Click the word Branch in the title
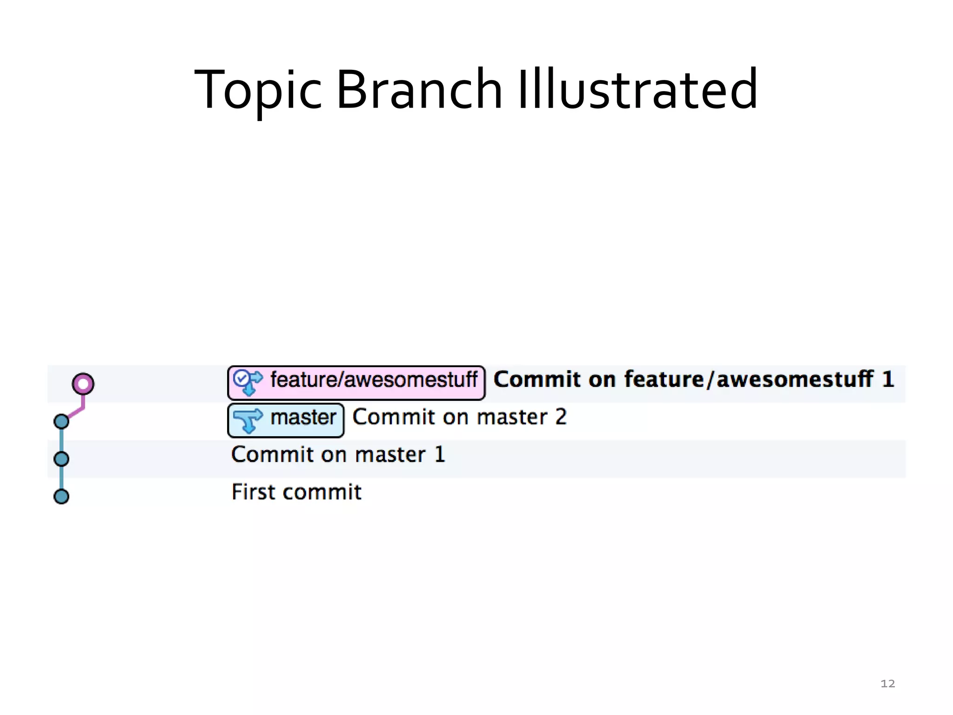(418, 90)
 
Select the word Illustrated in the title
(638, 90)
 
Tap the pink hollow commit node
(83, 384)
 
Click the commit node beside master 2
(61, 421)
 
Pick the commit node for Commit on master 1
(61, 459)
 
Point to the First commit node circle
(61, 496)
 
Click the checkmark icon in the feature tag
(241, 378)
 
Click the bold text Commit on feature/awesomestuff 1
(693, 379)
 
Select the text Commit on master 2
(459, 417)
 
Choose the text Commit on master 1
(338, 455)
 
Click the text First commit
(296, 492)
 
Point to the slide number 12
(887, 683)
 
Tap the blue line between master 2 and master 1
(62, 440)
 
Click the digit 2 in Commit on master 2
(561, 417)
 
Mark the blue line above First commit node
(62, 478)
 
